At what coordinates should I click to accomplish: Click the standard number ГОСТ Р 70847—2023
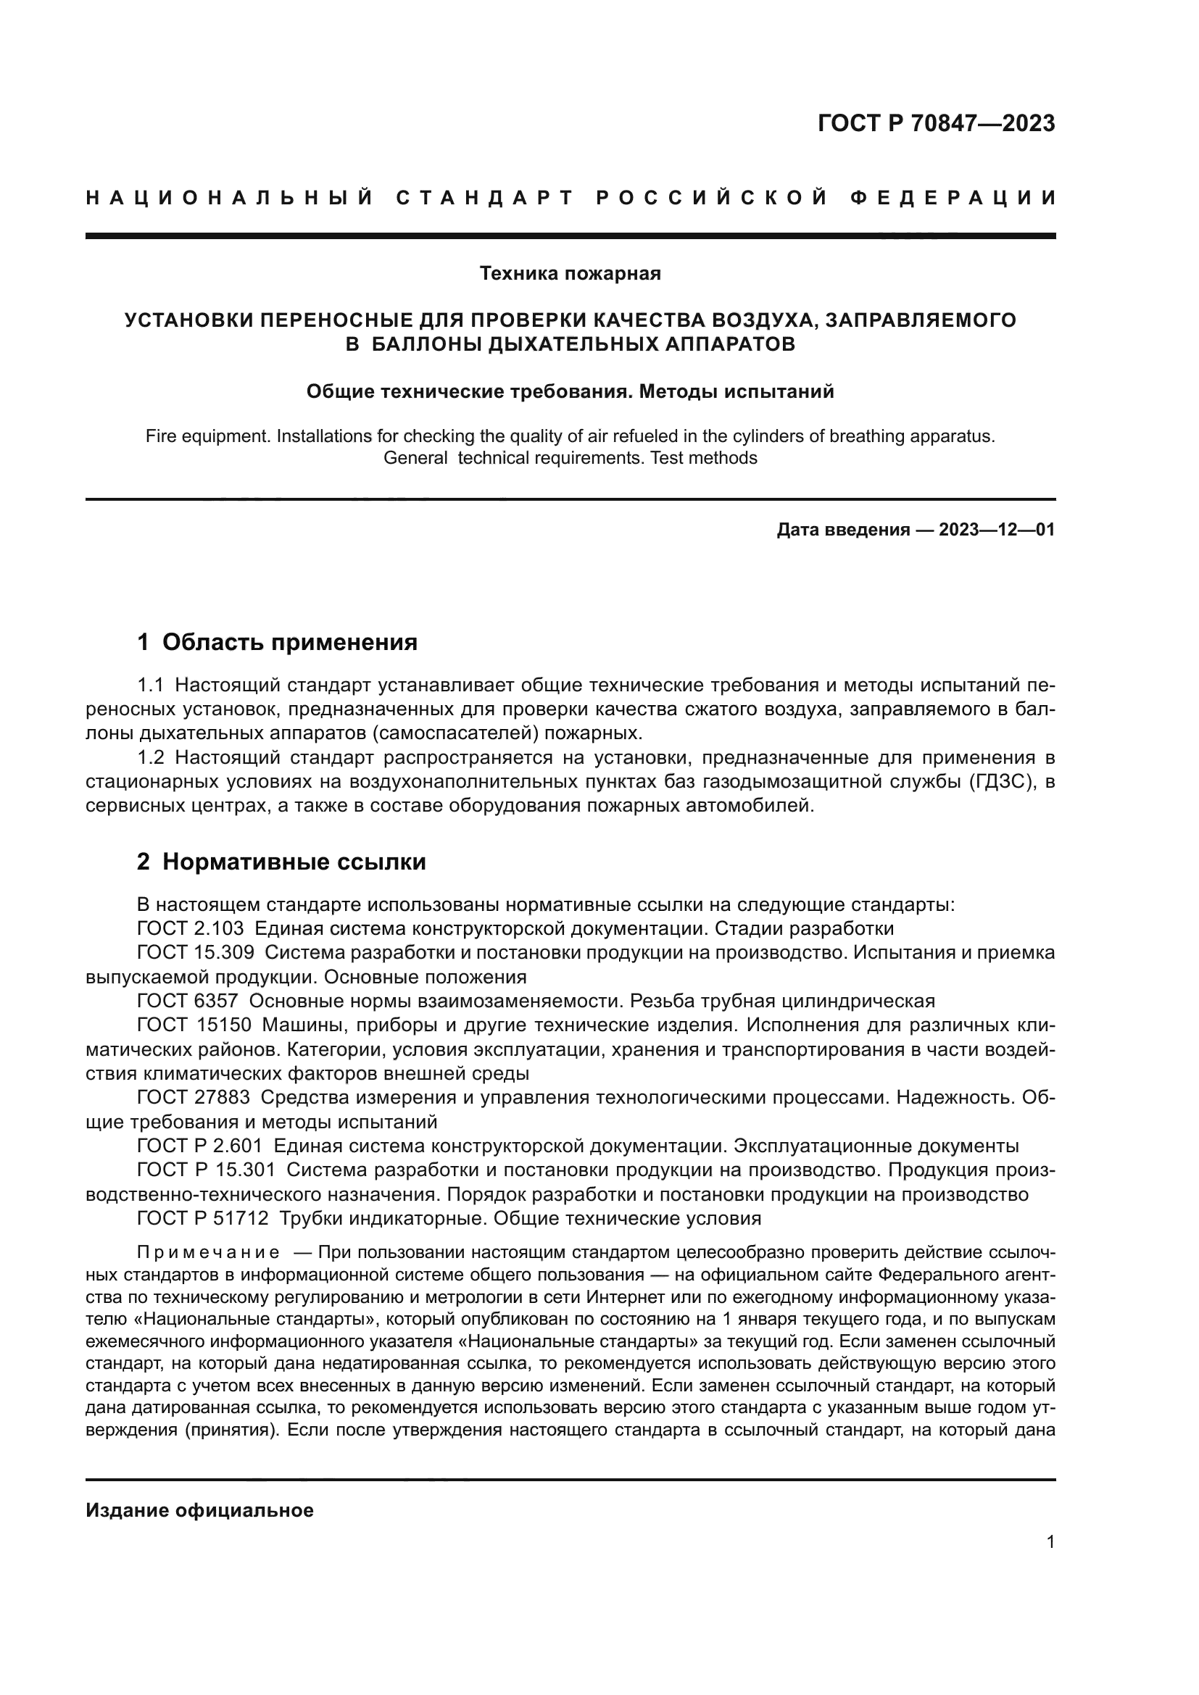click(x=935, y=123)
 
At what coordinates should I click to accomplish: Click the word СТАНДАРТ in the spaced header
click(x=485, y=198)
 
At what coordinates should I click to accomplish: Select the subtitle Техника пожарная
click(x=570, y=274)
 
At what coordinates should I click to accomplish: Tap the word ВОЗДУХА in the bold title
click(x=763, y=320)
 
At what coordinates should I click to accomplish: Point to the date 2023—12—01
click(x=997, y=529)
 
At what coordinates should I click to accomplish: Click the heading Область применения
click(x=289, y=642)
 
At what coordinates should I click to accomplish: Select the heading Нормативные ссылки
click(x=294, y=862)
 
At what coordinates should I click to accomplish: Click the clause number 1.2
click(x=152, y=757)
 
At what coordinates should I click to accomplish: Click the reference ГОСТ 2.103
click(x=190, y=928)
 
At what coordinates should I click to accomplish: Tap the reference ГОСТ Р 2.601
click(x=199, y=1146)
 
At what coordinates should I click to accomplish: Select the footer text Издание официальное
click(x=199, y=1510)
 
